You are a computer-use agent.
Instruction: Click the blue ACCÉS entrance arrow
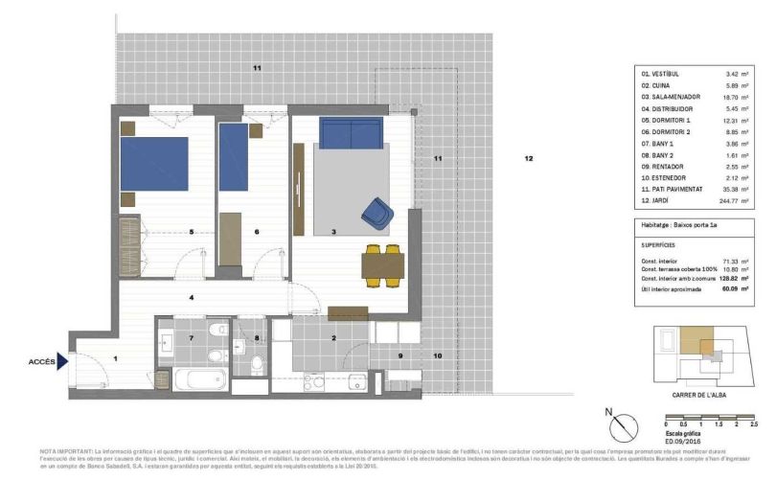pyautogui.click(x=63, y=361)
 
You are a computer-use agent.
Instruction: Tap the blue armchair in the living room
pyautogui.click(x=377, y=214)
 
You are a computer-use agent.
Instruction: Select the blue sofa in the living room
pyautogui.click(x=352, y=133)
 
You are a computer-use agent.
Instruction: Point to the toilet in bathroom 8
pyautogui.click(x=258, y=364)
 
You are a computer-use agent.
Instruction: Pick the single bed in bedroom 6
pyautogui.click(x=234, y=157)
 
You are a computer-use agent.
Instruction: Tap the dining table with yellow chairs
pyautogui.click(x=380, y=264)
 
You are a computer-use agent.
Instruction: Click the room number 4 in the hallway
pyautogui.click(x=192, y=299)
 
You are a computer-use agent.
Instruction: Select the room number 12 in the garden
pyautogui.click(x=528, y=159)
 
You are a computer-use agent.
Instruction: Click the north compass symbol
pyautogui.click(x=623, y=423)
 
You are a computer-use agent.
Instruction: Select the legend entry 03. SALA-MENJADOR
pyautogui.click(x=672, y=97)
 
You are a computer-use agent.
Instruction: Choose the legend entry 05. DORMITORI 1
pyautogui.click(x=666, y=120)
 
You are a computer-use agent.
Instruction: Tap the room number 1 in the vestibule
pyautogui.click(x=115, y=358)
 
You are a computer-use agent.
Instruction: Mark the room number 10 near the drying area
pyautogui.click(x=437, y=355)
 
